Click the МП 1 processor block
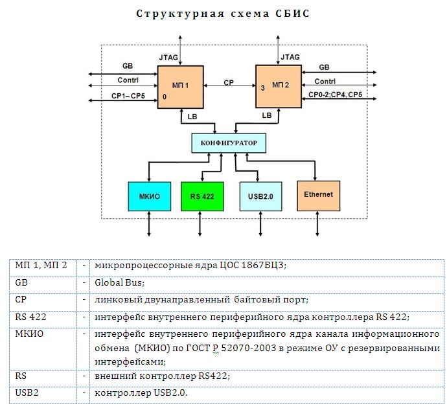(x=181, y=87)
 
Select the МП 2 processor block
(x=279, y=87)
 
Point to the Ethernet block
(x=318, y=194)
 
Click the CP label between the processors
(x=229, y=83)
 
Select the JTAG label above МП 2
(x=290, y=58)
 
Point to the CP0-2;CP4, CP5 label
(x=336, y=95)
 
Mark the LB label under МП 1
(x=192, y=116)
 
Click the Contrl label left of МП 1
(x=128, y=81)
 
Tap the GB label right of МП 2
(x=324, y=67)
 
